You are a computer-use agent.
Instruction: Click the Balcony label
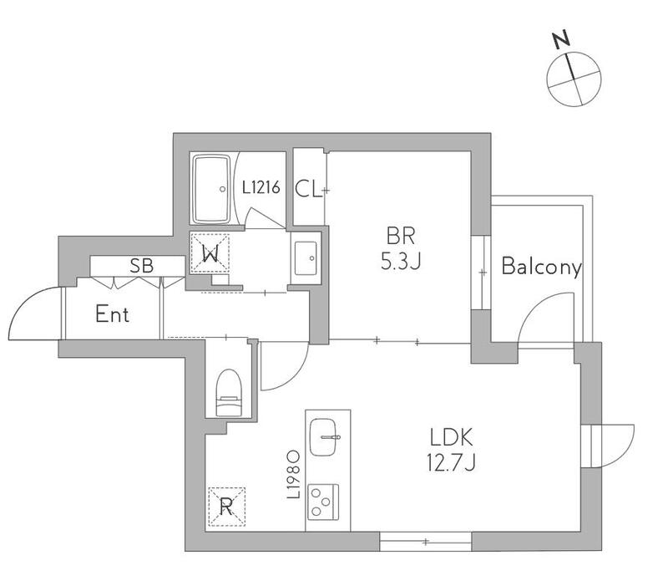coord(541,267)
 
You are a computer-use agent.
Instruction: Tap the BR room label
coord(401,236)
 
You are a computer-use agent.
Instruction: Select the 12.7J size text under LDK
coord(451,462)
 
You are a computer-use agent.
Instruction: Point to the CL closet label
coord(307,190)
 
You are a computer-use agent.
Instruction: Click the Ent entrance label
coord(112,314)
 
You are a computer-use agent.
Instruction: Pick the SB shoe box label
coord(141,266)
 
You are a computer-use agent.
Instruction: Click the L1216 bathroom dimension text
coord(261,187)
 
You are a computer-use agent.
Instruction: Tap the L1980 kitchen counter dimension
coord(294,474)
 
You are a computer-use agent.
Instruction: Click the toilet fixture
coord(229,392)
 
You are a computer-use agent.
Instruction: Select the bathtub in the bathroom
coord(212,189)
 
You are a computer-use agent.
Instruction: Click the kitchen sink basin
coord(323,437)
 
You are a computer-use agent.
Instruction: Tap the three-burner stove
coord(323,502)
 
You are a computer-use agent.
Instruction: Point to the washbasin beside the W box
coord(306,258)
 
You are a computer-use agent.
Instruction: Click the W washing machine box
coord(210,252)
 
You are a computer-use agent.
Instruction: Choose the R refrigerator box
coord(226,507)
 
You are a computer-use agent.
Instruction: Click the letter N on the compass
coord(561,38)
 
